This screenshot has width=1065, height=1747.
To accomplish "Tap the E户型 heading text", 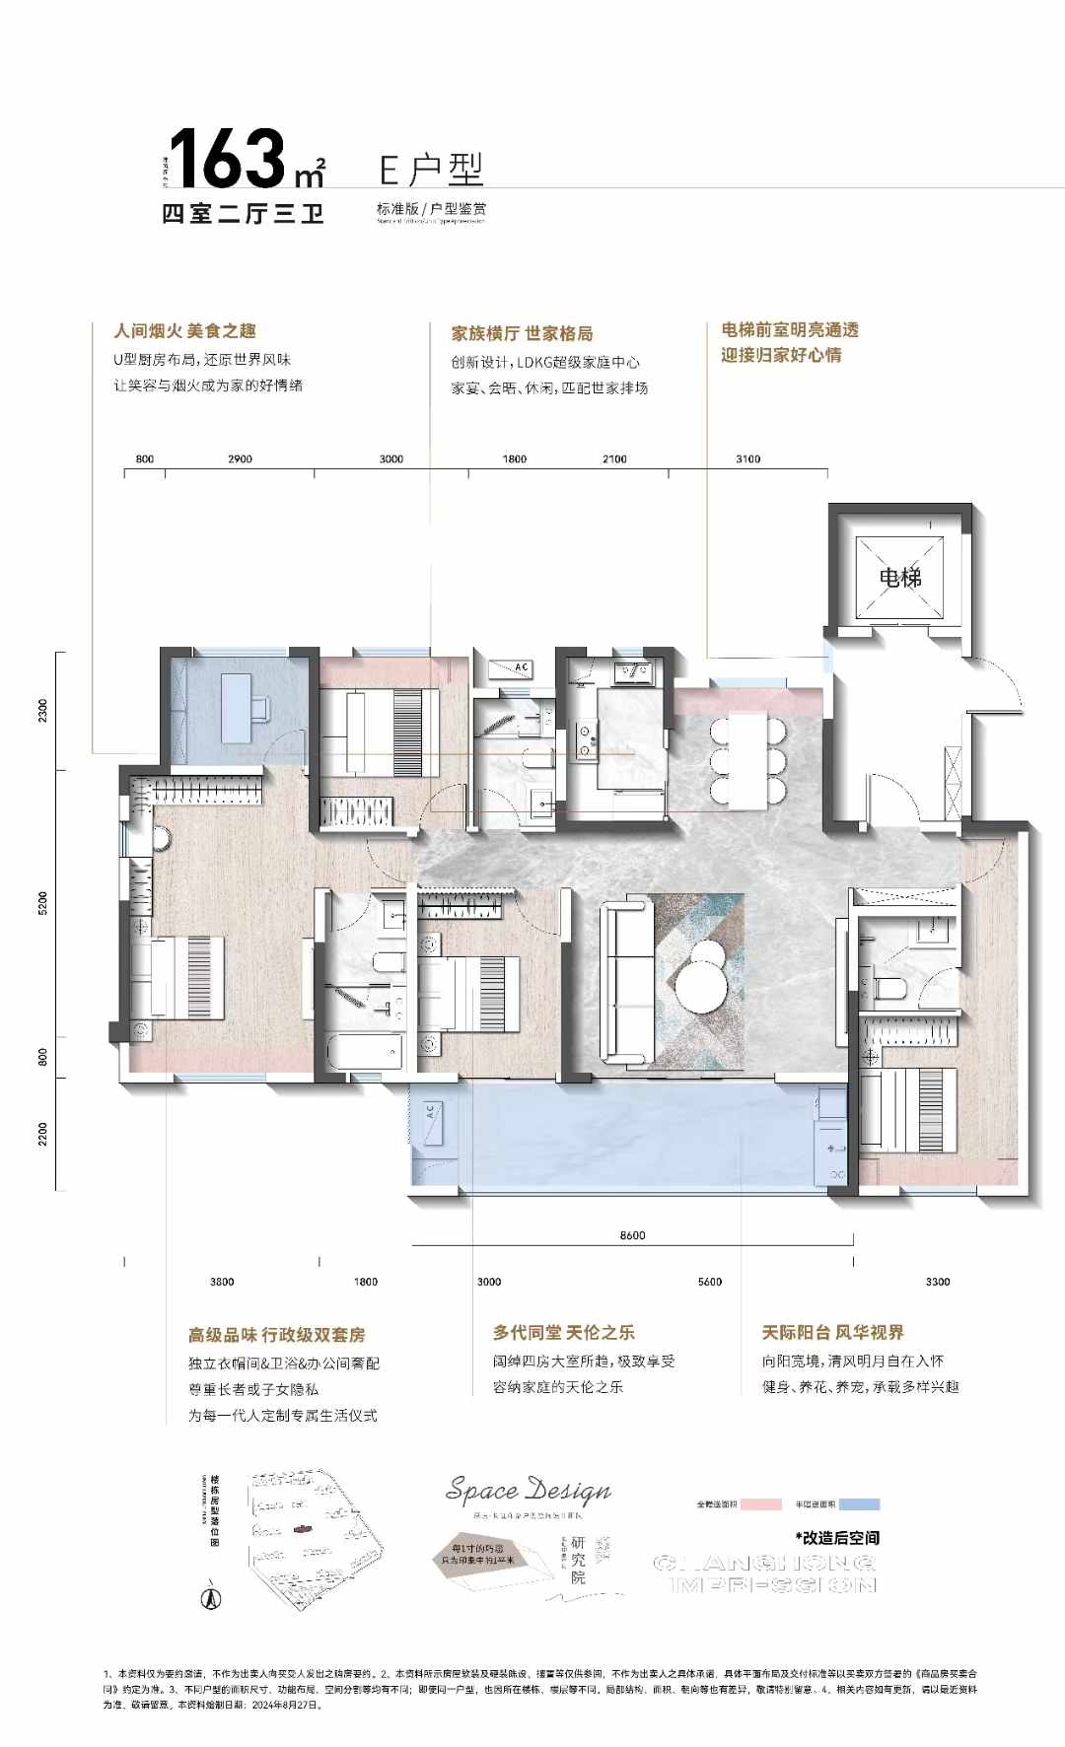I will (432, 170).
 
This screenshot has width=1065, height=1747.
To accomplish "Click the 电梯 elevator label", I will (899, 577).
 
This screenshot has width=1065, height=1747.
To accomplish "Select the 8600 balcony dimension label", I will (632, 1235).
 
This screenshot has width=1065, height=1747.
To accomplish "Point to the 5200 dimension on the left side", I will (42, 903).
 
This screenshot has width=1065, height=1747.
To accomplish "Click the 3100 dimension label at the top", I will (747, 458).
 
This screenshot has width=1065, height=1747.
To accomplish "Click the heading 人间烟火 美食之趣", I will (184, 331).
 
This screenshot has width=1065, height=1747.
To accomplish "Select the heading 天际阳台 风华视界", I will (832, 1332).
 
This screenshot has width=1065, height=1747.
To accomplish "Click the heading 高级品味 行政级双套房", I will (276, 1335).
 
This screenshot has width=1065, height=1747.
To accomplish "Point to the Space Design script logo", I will (529, 1490).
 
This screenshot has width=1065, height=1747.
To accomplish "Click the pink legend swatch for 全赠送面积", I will (761, 1504).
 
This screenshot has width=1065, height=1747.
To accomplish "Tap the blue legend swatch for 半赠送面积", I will (858, 1504).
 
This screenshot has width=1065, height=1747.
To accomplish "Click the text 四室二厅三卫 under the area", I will (243, 212).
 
